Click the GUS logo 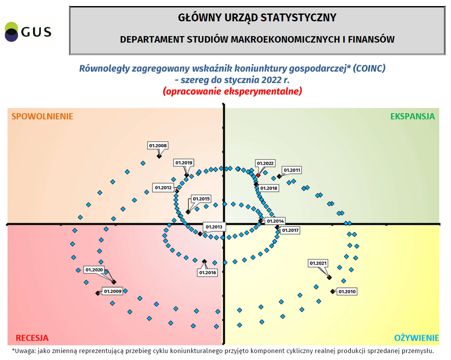[28, 31]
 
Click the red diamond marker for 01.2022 [258, 175]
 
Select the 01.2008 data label [158, 146]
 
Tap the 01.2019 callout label [184, 163]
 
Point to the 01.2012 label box [163, 188]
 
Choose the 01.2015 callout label [201, 199]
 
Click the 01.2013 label [214, 227]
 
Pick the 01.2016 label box [208, 273]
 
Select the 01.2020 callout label [94, 270]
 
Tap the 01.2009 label [113, 291]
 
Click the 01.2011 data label [292, 170]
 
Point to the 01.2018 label [269, 189]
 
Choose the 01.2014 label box [275, 221]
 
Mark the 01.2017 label [290, 230]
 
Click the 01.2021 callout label [318, 263]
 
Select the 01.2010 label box [347, 292]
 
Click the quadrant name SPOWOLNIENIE [42, 117]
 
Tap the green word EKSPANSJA [412, 117]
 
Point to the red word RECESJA [32, 338]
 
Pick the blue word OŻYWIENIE [416, 338]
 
